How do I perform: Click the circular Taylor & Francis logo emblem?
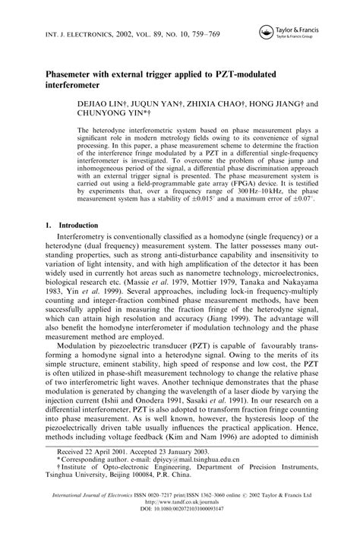click(x=267, y=31)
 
